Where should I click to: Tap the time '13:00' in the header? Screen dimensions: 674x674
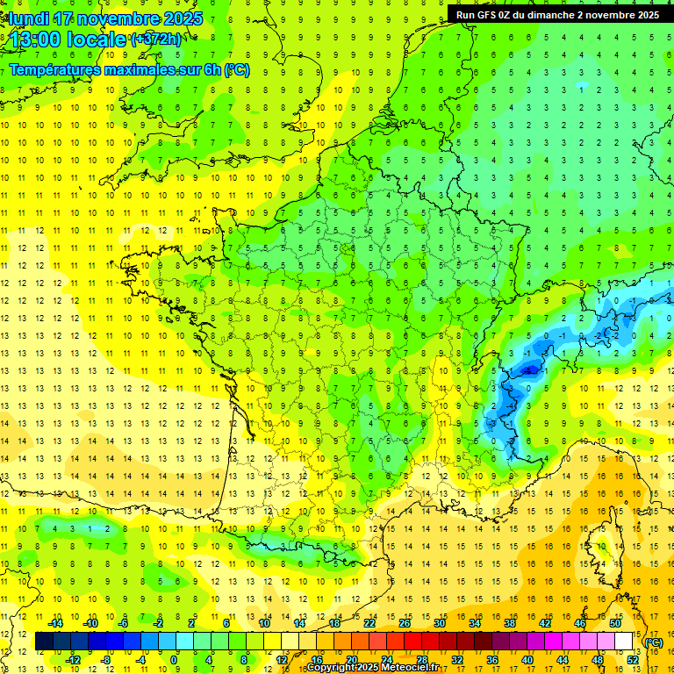(36, 40)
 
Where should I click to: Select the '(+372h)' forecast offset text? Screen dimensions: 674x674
(156, 39)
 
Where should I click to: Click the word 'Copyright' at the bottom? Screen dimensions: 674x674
(332, 668)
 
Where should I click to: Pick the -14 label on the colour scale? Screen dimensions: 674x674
(59, 623)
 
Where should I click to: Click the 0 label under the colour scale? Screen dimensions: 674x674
(175, 660)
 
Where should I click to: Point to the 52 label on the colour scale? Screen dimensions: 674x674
(632, 660)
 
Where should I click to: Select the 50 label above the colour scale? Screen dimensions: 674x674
(615, 623)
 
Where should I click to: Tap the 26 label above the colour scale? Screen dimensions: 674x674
(405, 623)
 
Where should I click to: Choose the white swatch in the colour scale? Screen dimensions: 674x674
(623, 642)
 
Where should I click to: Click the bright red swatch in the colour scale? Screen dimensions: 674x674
(412, 642)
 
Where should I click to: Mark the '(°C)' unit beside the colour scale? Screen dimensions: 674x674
(653, 642)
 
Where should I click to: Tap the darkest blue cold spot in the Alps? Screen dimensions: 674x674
(528, 371)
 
